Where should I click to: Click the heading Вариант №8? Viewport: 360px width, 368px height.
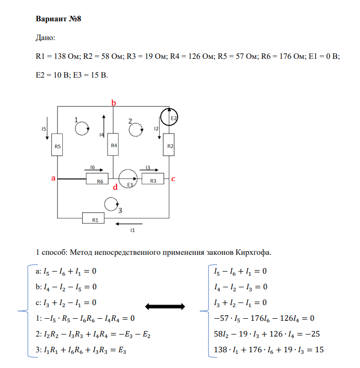[59, 19]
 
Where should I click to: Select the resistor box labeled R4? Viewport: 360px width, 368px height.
[114, 146]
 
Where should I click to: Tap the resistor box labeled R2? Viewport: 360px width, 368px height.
[170, 146]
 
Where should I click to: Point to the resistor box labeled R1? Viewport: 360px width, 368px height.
[95, 219]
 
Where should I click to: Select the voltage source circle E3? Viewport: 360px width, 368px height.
[128, 179]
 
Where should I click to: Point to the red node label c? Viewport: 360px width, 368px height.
[173, 179]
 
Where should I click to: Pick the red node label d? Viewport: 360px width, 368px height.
[115, 187]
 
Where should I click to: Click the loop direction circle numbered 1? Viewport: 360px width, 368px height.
[81, 129]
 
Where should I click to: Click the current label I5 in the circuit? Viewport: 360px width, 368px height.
[45, 129]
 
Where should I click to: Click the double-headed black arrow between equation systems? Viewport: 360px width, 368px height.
[164, 306]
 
